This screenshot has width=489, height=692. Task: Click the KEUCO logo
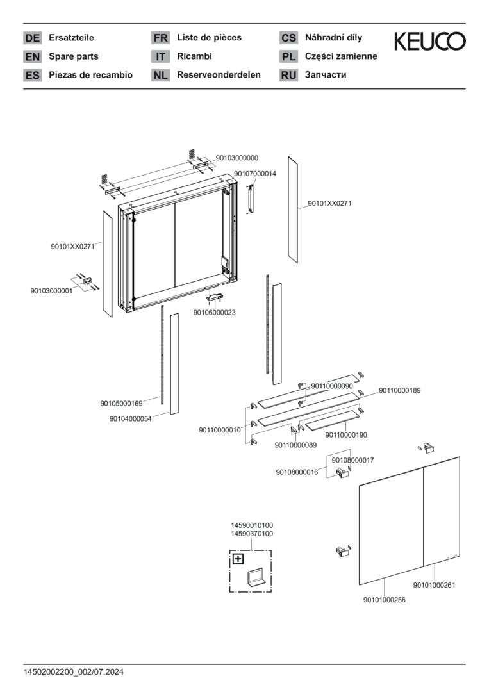[429, 42]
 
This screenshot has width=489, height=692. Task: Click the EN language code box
[33, 56]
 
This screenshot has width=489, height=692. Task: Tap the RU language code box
[288, 75]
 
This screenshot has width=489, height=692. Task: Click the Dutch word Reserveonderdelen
[219, 75]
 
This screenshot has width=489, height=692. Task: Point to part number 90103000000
[236, 158]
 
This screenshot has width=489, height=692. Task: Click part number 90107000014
[254, 174]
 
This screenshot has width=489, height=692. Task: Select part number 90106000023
[214, 313]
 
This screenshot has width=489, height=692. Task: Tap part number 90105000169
[121, 404]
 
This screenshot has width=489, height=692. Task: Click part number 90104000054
[130, 419]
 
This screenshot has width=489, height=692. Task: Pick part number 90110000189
[399, 390]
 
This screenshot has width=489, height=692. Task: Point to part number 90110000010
[220, 431]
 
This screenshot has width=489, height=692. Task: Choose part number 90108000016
[297, 472]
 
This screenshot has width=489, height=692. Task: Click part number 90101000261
[434, 584]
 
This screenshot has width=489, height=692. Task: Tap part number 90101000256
[384, 600]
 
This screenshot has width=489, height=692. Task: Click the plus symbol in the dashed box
[238, 559]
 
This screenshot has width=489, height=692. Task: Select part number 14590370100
[252, 534]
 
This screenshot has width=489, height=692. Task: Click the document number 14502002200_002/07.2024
[74, 672]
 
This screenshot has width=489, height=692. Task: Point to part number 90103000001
[52, 291]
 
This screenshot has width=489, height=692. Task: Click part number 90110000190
[346, 435]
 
